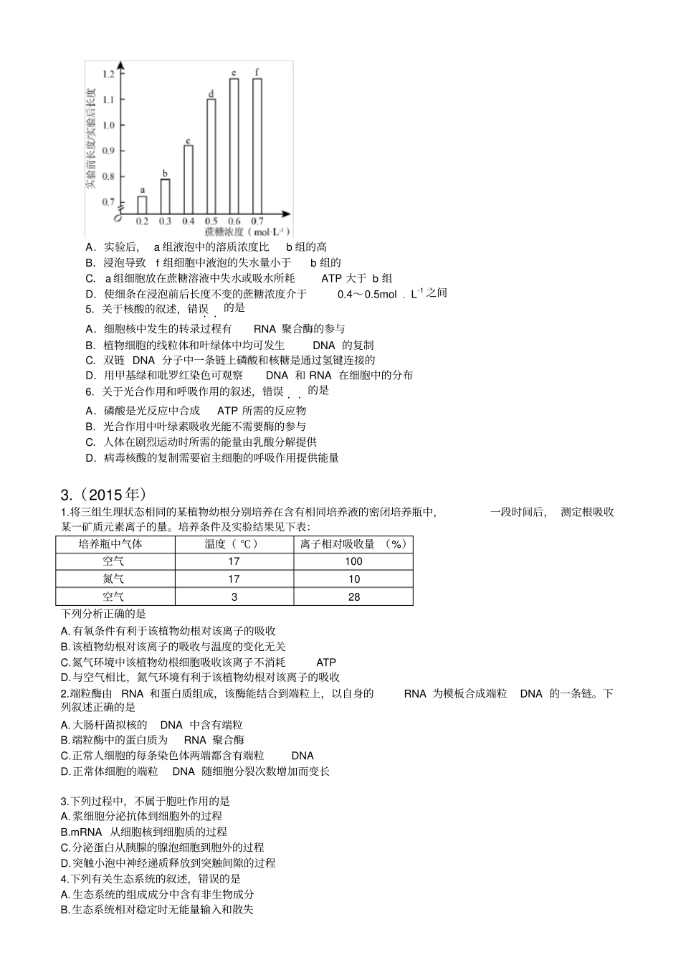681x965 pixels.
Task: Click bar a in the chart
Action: point(142,205)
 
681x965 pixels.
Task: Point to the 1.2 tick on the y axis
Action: point(109,74)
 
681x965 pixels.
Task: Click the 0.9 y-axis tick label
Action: point(109,151)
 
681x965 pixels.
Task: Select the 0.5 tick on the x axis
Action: point(211,221)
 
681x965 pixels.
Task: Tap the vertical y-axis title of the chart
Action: point(91,138)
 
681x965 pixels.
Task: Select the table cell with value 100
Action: point(353,561)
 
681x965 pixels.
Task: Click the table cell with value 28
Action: point(353,596)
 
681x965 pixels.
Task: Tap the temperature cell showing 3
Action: point(234,596)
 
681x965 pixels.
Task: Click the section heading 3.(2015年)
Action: point(104,495)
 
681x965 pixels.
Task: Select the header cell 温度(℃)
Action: point(234,544)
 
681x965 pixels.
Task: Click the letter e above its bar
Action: point(234,73)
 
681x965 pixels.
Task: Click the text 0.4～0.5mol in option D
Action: point(366,294)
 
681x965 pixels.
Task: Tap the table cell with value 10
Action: point(353,579)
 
